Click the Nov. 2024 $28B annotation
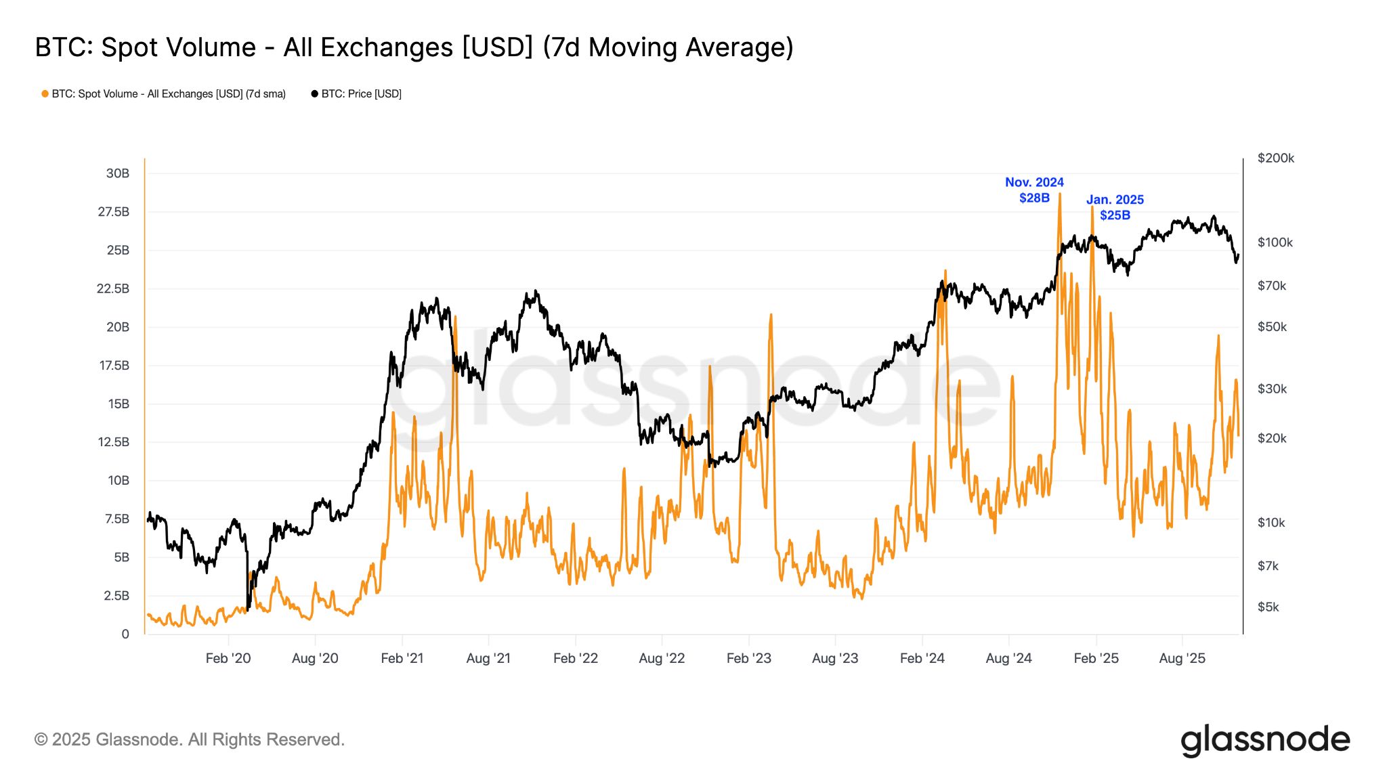pyautogui.click(x=1034, y=190)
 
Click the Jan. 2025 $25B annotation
pyautogui.click(x=1115, y=207)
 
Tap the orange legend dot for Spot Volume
pyautogui.click(x=45, y=94)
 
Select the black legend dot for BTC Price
pyautogui.click(x=314, y=94)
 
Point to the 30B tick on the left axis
pyautogui.click(x=117, y=173)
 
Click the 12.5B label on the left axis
pyautogui.click(x=113, y=442)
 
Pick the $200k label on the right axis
pyautogui.click(x=1275, y=158)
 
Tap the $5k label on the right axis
pyautogui.click(x=1268, y=607)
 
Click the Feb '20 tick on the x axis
pyautogui.click(x=228, y=658)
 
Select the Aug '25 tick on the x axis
pyautogui.click(x=1182, y=658)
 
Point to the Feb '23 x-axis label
pyautogui.click(x=748, y=658)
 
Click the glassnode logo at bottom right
pyautogui.click(x=1265, y=740)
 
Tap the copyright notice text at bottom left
pyautogui.click(x=190, y=739)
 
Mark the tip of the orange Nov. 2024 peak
pyautogui.click(x=1060, y=194)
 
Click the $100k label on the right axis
pyautogui.click(x=1275, y=242)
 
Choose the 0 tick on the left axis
pyautogui.click(x=125, y=634)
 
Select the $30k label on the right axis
pyautogui.click(x=1272, y=389)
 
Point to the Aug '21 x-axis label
pyautogui.click(x=488, y=658)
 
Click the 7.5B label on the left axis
pyautogui.click(x=116, y=519)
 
